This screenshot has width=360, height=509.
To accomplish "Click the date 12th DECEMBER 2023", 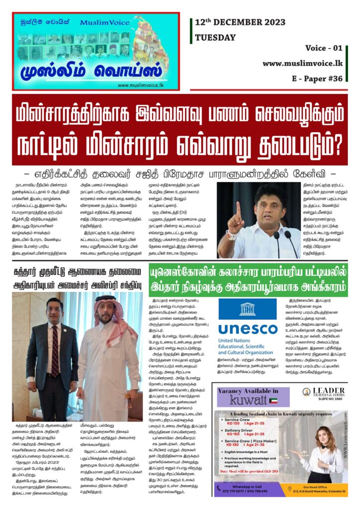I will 240,22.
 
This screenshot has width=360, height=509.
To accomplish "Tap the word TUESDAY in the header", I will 215,37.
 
